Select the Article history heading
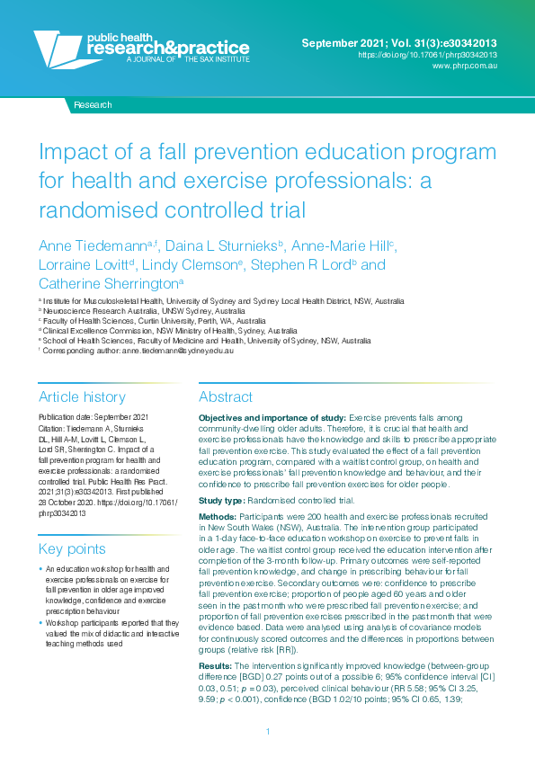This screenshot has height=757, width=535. tap(82, 396)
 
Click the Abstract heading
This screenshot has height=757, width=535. tap(226, 396)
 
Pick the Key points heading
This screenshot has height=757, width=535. tap(72, 548)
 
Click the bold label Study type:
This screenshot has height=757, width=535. tap(220, 500)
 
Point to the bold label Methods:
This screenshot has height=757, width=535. tap(218, 520)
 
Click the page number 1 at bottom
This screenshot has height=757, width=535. tap(268, 732)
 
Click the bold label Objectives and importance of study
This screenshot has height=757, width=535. tap(270, 419)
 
